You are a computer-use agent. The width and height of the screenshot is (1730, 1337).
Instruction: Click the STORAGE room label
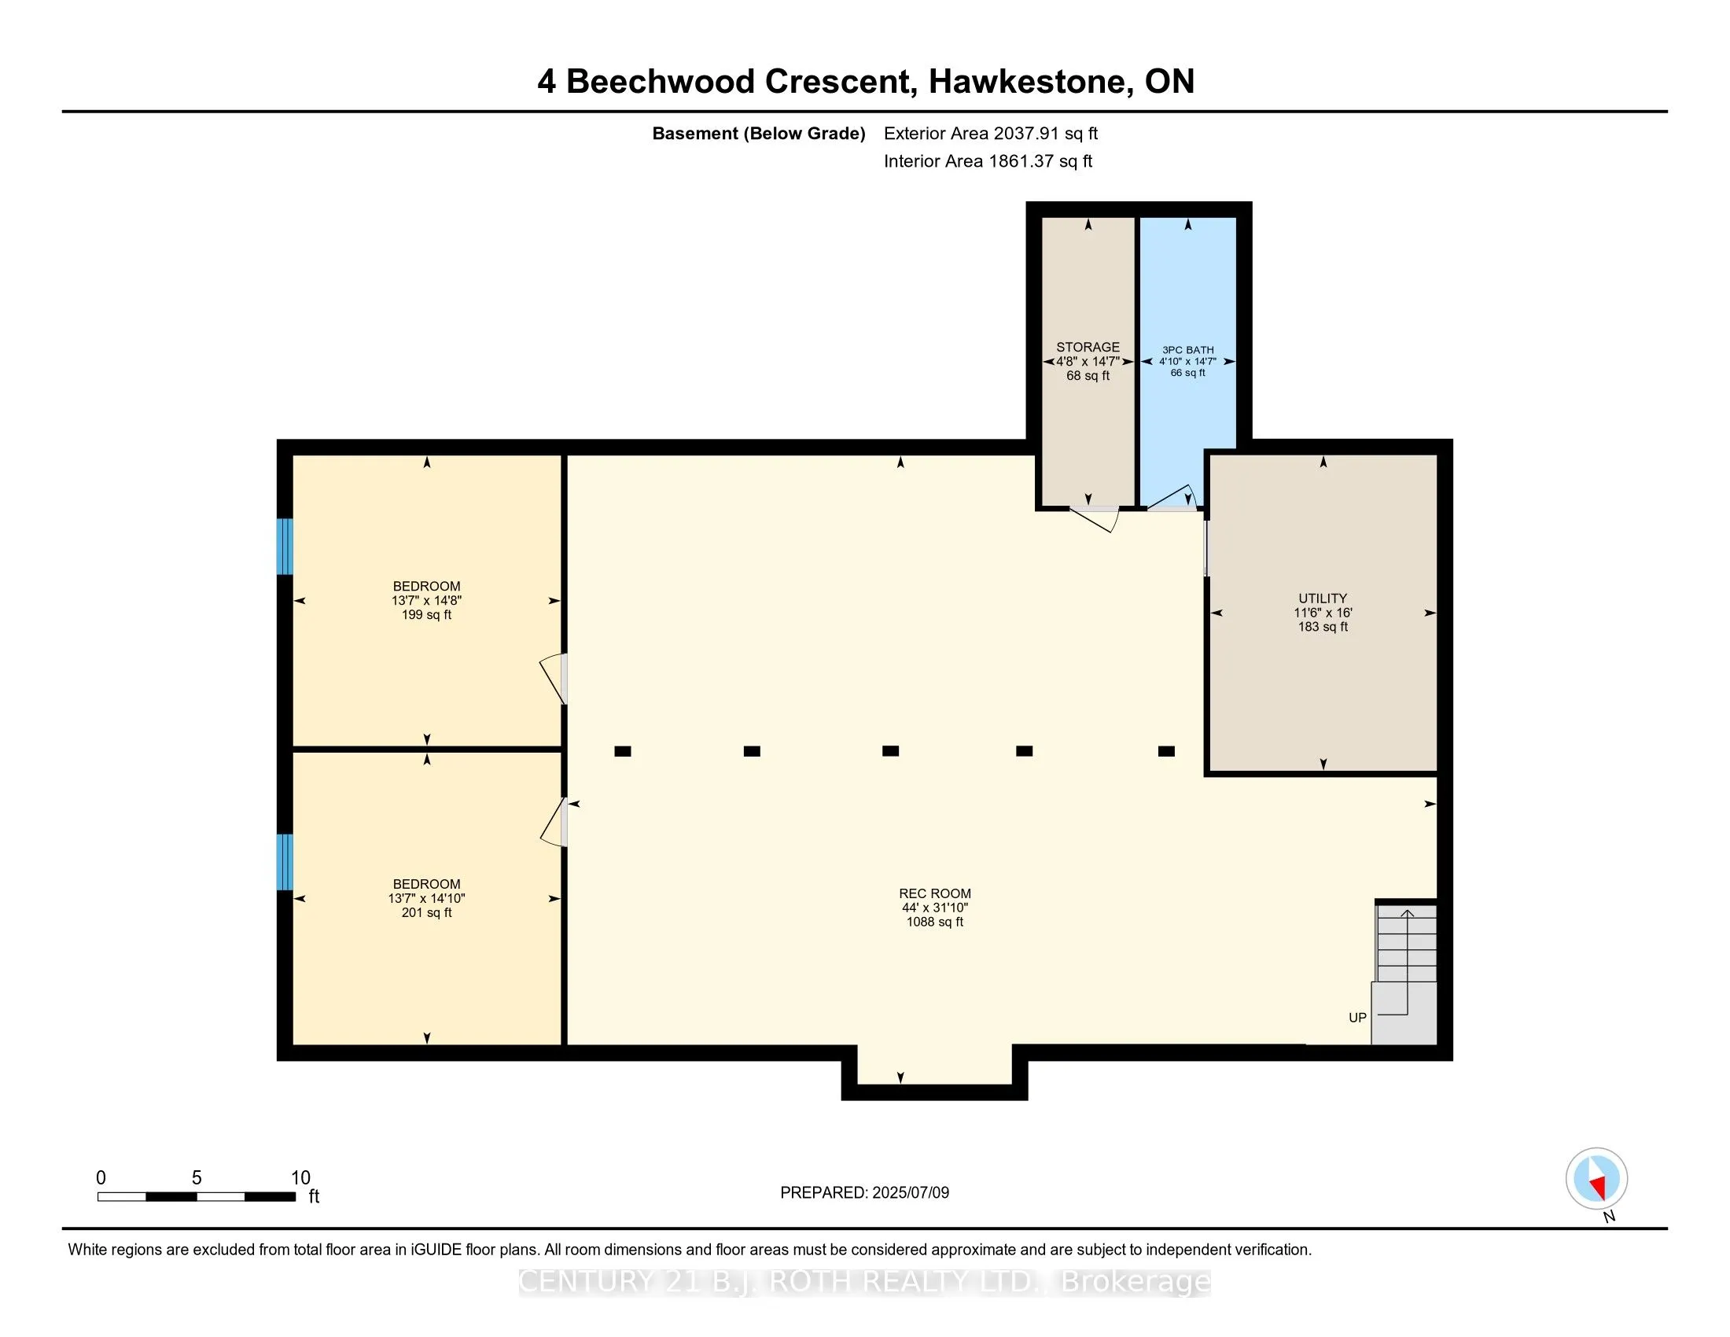1088,348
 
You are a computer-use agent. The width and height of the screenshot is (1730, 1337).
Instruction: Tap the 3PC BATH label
1187,350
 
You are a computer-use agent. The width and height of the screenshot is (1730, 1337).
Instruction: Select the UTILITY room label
1322,599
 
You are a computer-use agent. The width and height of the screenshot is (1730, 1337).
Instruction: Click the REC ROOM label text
935,893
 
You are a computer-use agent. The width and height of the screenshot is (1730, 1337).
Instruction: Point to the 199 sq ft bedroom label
426,600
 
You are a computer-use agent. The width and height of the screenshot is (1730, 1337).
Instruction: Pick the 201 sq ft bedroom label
426,898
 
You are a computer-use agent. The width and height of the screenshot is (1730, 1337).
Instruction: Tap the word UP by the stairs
1357,1018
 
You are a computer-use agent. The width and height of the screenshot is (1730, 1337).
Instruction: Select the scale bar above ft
197,1197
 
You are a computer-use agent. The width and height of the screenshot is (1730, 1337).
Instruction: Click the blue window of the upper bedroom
285,547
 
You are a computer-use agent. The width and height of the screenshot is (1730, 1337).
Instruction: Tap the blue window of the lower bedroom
285,862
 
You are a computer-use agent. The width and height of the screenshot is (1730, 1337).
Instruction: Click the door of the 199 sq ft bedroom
554,679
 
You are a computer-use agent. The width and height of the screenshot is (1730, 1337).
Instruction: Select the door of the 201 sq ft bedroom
554,822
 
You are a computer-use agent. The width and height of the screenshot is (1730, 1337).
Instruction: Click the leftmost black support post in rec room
623,751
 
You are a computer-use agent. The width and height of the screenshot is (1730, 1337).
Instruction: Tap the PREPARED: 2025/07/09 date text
864,1193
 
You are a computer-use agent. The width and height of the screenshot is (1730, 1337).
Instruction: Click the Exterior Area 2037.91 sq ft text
990,134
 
